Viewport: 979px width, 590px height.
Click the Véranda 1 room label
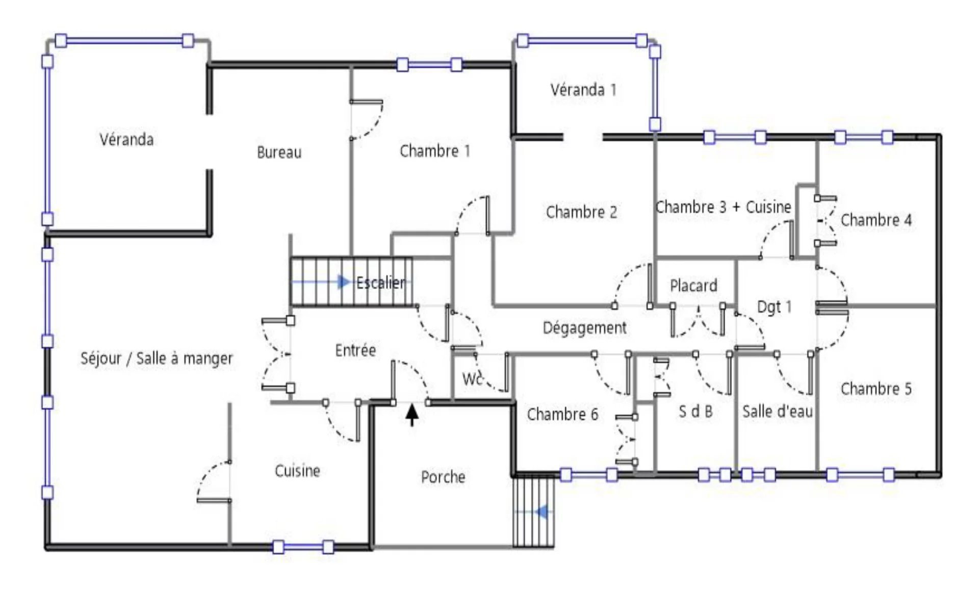(x=583, y=90)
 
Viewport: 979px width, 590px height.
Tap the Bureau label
(x=279, y=152)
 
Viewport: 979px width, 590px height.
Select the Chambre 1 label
(x=434, y=151)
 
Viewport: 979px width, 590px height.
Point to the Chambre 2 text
(x=581, y=212)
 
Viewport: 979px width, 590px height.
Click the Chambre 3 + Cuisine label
(x=723, y=207)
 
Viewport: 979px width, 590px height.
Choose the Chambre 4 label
(x=876, y=220)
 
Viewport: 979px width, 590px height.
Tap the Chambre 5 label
(x=876, y=389)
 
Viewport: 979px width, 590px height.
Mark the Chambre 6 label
(x=562, y=414)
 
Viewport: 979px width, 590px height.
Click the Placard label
(x=693, y=286)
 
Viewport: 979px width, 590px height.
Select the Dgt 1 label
(x=774, y=306)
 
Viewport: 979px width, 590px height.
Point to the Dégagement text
(x=584, y=328)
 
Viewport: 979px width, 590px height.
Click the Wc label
(x=472, y=379)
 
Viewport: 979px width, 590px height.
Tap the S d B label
(x=695, y=412)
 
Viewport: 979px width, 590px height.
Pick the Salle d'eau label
(x=777, y=411)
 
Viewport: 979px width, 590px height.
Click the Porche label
(x=443, y=477)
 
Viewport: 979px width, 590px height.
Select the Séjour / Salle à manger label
(x=157, y=358)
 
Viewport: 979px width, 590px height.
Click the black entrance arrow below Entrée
(x=412, y=415)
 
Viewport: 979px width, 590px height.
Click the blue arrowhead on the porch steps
(x=543, y=511)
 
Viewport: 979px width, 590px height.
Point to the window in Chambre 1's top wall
(x=429, y=65)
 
